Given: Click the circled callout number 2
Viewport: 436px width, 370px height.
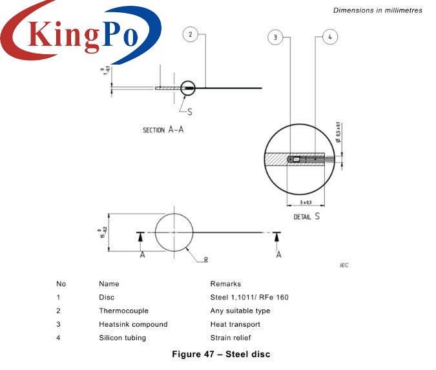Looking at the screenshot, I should point(189,35).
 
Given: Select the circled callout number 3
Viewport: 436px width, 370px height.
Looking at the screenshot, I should point(275,38).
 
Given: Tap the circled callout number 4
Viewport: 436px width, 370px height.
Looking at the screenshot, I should point(329,38).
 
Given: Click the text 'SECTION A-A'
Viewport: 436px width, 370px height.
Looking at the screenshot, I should point(163,130).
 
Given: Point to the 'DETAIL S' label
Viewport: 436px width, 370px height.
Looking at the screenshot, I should point(307,216).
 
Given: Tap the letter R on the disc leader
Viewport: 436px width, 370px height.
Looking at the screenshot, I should point(205,260).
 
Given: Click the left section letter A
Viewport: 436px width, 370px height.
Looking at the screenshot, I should point(142,254).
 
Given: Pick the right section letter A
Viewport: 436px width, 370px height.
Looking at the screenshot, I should point(278,254).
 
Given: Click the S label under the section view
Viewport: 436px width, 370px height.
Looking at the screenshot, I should point(190,111).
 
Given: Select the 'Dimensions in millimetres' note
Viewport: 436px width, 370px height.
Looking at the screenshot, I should point(377,10).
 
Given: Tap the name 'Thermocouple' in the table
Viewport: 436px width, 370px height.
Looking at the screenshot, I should point(123,311).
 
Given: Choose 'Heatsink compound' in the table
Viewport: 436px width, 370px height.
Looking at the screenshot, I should point(133,324).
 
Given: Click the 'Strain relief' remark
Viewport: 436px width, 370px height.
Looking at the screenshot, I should point(230,338).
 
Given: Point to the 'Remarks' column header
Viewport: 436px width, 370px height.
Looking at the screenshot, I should point(225,283).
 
